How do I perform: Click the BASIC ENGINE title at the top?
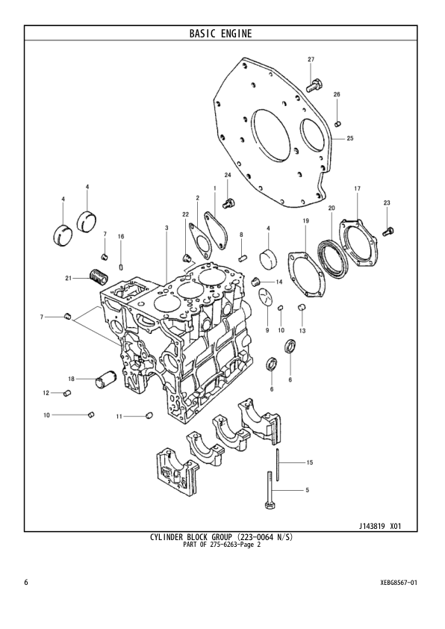[x=220, y=33]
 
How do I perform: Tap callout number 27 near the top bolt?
[x=311, y=59]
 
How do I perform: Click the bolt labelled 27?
[x=314, y=83]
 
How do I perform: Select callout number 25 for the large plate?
[x=349, y=138]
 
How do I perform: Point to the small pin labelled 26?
[x=337, y=121]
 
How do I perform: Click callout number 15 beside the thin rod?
[x=309, y=463]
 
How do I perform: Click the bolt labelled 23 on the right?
[x=387, y=231]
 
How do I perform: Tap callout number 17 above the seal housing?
[x=357, y=188]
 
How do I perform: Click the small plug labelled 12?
[x=66, y=392]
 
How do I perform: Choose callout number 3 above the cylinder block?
[x=166, y=226]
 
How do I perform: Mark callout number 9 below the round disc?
[x=266, y=329]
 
